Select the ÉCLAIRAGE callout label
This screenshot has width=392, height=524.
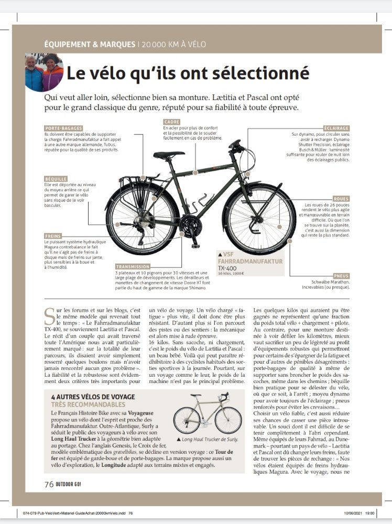(336, 128)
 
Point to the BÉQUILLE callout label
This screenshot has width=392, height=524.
(56, 179)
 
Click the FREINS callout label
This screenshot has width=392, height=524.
(52, 236)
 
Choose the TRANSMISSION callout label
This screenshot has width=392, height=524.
(133, 266)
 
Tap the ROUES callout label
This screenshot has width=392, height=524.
(340, 199)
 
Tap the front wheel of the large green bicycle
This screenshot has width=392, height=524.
(259, 220)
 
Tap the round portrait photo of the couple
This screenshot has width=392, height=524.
(44, 72)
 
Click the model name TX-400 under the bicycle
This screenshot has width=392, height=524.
(227, 267)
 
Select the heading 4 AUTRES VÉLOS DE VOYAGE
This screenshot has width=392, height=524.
(93, 397)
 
